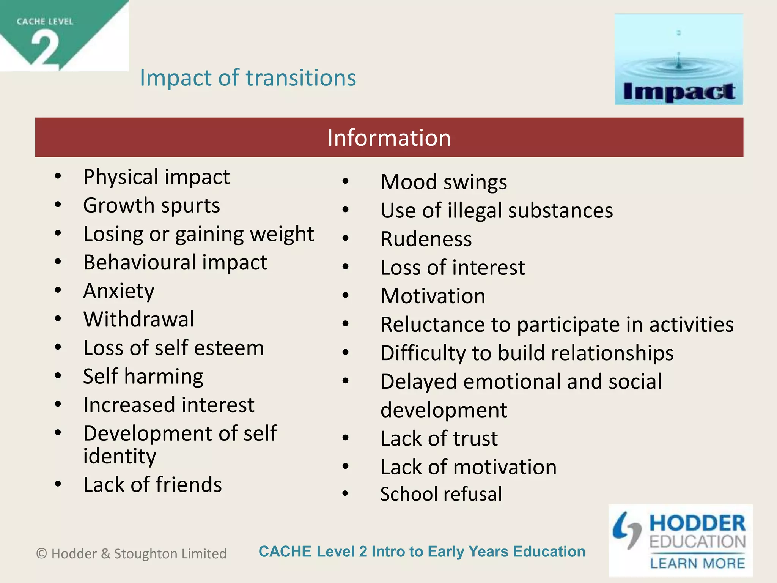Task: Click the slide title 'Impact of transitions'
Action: (248, 78)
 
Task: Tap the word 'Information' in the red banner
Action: (389, 137)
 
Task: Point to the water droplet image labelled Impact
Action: (678, 59)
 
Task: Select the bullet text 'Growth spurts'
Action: (151, 206)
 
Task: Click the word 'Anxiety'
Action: (119, 291)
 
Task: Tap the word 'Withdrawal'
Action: (139, 319)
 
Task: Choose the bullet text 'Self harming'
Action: (143, 377)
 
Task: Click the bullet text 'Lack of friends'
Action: (153, 485)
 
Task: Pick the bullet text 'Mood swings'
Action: (444, 182)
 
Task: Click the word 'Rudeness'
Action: (426, 239)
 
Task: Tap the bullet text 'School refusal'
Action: (441, 494)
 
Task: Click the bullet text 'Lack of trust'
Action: (439, 438)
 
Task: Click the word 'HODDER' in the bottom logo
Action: (697, 523)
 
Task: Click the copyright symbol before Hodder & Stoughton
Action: (41, 554)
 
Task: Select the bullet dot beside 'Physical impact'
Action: (58, 176)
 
